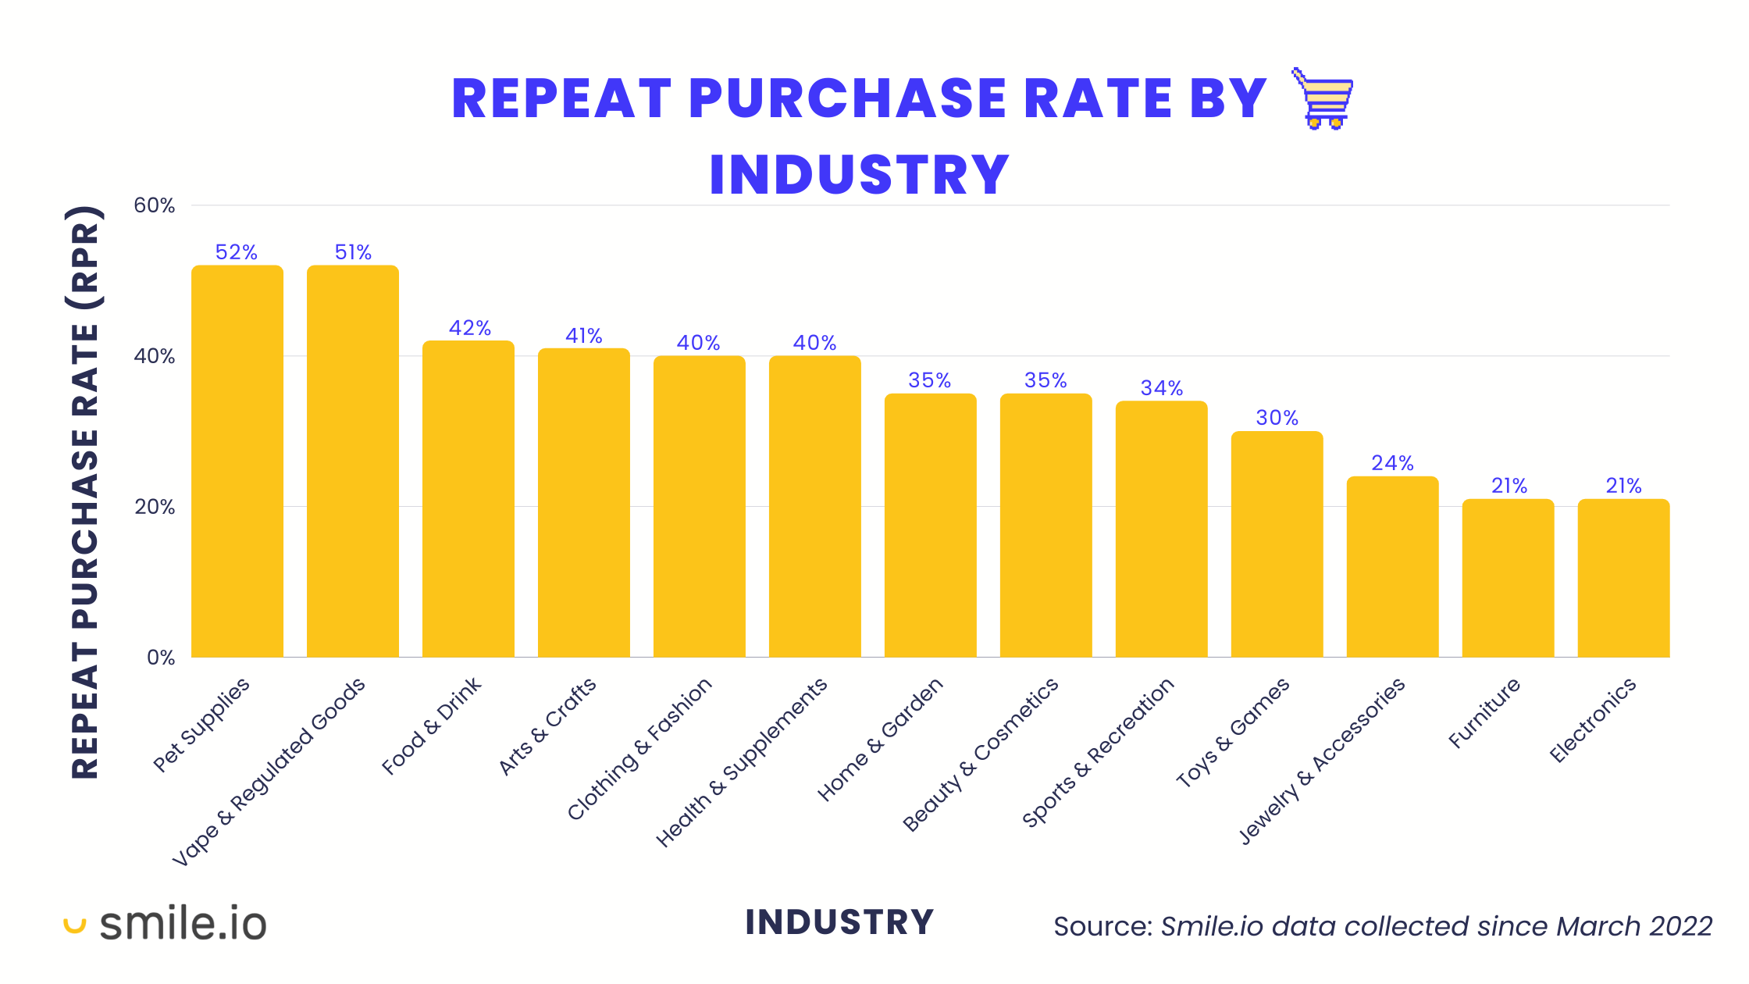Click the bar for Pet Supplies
pyautogui.click(x=237, y=461)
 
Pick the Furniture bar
pyautogui.click(x=1508, y=578)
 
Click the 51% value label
pyautogui.click(x=353, y=252)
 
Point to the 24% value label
pyautogui.click(x=1392, y=463)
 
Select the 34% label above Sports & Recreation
pyautogui.click(x=1161, y=388)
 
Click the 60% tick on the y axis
pyautogui.click(x=155, y=205)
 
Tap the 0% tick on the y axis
pyautogui.click(x=161, y=658)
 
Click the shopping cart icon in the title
pyautogui.click(x=1323, y=98)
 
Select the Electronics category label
pyautogui.click(x=1593, y=720)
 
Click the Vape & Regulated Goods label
pyautogui.click(x=269, y=772)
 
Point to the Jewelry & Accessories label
pyautogui.click(x=1322, y=761)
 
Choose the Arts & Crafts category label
pyautogui.click(x=547, y=726)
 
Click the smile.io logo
pyautogui.click(x=166, y=924)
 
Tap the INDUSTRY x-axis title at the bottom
pyautogui.click(x=839, y=922)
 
